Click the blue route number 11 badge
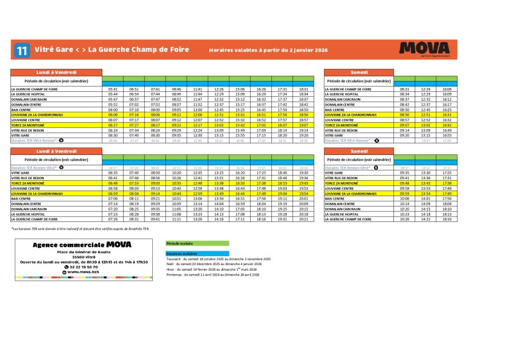pos(21,50)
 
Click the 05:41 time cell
pos(113,89)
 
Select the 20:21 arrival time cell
pos(303,219)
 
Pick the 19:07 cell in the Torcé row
pos(303,125)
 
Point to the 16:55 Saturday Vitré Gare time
pos(446,135)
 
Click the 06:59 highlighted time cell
pos(113,193)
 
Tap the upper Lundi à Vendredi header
pos(56,72)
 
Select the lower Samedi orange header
pos(359,151)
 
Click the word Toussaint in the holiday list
pos(175,259)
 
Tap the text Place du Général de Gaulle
pos(83,252)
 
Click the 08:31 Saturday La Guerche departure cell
pos(404,89)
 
